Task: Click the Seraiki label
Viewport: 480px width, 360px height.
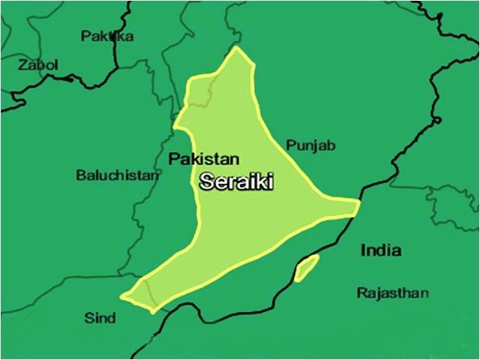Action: (236, 181)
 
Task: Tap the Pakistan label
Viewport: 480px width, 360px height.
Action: (203, 159)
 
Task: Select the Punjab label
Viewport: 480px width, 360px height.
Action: (310, 145)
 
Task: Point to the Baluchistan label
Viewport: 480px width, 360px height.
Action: (118, 175)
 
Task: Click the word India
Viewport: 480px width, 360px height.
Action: (380, 250)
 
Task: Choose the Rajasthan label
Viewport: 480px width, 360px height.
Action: (392, 292)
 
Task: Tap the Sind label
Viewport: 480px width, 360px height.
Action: (100, 318)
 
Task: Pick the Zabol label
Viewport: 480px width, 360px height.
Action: (38, 65)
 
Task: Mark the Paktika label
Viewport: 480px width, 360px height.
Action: (107, 35)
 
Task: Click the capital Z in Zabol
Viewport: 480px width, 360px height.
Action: (23, 65)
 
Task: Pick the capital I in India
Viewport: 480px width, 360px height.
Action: (363, 250)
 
